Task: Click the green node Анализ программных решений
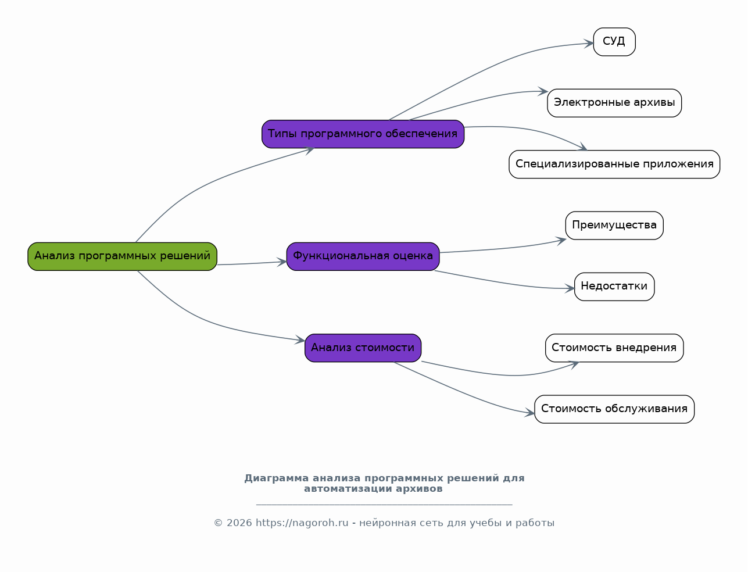point(122,256)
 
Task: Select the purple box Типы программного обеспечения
point(363,134)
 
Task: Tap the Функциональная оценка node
point(363,256)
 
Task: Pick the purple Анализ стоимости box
point(363,348)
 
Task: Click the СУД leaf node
point(614,42)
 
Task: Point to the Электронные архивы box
point(614,103)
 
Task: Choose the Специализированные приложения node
point(614,165)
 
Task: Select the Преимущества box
point(614,226)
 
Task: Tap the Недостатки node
point(614,287)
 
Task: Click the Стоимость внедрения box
point(614,348)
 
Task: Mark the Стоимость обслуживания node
point(614,409)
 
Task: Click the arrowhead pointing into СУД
point(589,44)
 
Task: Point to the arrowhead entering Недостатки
point(570,288)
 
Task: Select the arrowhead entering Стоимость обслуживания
point(530,413)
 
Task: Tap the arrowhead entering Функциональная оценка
point(282,262)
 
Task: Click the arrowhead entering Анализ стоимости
point(300,341)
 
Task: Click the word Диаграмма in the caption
point(276,478)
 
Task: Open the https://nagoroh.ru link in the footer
point(302,523)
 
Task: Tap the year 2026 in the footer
point(239,523)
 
